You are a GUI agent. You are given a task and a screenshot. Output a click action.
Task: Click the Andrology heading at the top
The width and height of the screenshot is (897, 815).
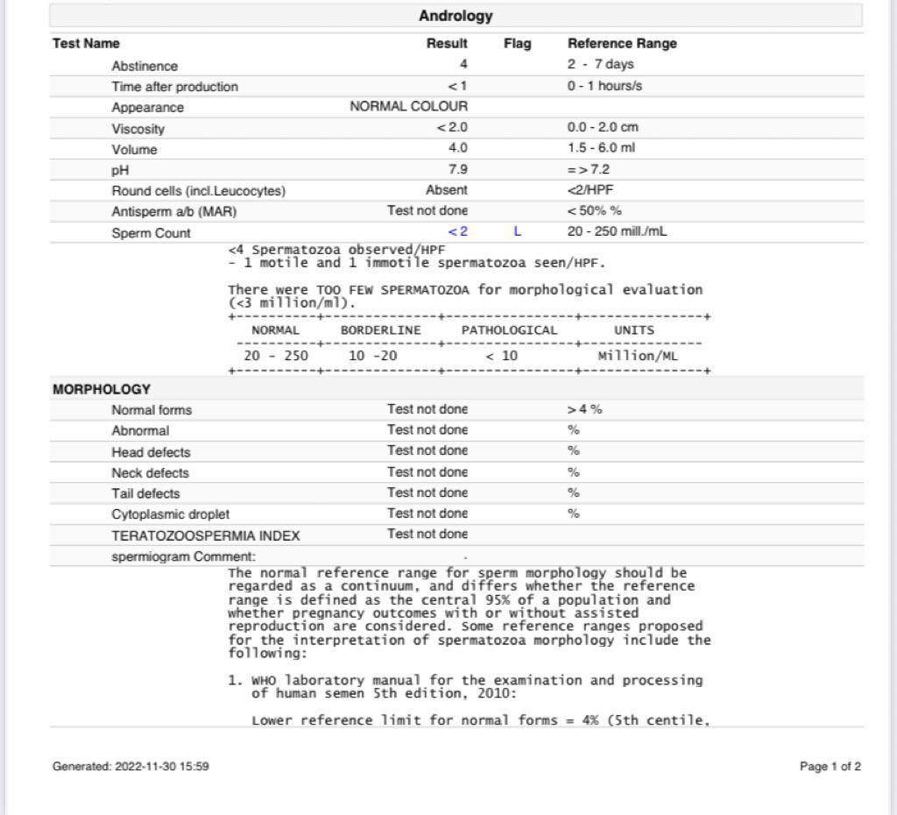tap(456, 16)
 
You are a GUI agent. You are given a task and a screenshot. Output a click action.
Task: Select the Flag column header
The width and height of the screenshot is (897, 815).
tap(517, 43)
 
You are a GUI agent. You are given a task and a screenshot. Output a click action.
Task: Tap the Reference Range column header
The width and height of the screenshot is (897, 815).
tap(622, 43)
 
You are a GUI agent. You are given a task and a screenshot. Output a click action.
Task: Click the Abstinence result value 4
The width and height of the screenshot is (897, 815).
tap(463, 64)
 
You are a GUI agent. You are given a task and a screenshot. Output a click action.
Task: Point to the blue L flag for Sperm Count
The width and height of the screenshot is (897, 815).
tap(518, 231)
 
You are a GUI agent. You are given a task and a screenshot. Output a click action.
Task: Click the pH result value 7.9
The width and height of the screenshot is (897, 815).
tap(457, 168)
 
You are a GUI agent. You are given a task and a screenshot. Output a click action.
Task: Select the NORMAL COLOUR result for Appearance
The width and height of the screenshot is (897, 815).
tap(408, 106)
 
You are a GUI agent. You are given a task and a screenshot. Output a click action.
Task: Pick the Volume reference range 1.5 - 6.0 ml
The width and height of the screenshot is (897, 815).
tap(601, 147)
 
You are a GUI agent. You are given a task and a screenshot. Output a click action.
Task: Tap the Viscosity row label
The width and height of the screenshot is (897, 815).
tap(138, 129)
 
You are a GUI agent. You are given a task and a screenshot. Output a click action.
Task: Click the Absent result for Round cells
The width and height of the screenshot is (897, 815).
tap(446, 189)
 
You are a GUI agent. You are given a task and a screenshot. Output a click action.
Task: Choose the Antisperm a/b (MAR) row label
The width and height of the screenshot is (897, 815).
tap(173, 211)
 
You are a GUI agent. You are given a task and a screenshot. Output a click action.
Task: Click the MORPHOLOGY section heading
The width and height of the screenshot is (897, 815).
tap(102, 389)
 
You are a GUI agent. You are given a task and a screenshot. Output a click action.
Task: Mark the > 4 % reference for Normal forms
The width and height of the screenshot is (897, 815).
tap(584, 409)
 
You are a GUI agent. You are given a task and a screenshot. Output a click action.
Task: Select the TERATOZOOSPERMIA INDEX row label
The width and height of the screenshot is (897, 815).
tap(205, 535)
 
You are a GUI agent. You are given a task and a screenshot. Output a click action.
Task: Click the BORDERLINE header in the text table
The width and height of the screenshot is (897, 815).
tap(380, 330)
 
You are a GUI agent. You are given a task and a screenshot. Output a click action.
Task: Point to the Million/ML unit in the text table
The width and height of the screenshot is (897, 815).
tap(638, 356)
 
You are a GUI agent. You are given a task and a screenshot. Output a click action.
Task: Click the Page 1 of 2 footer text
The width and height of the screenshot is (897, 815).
tap(830, 767)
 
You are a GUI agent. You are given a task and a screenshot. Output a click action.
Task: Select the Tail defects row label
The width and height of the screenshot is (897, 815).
tap(145, 493)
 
